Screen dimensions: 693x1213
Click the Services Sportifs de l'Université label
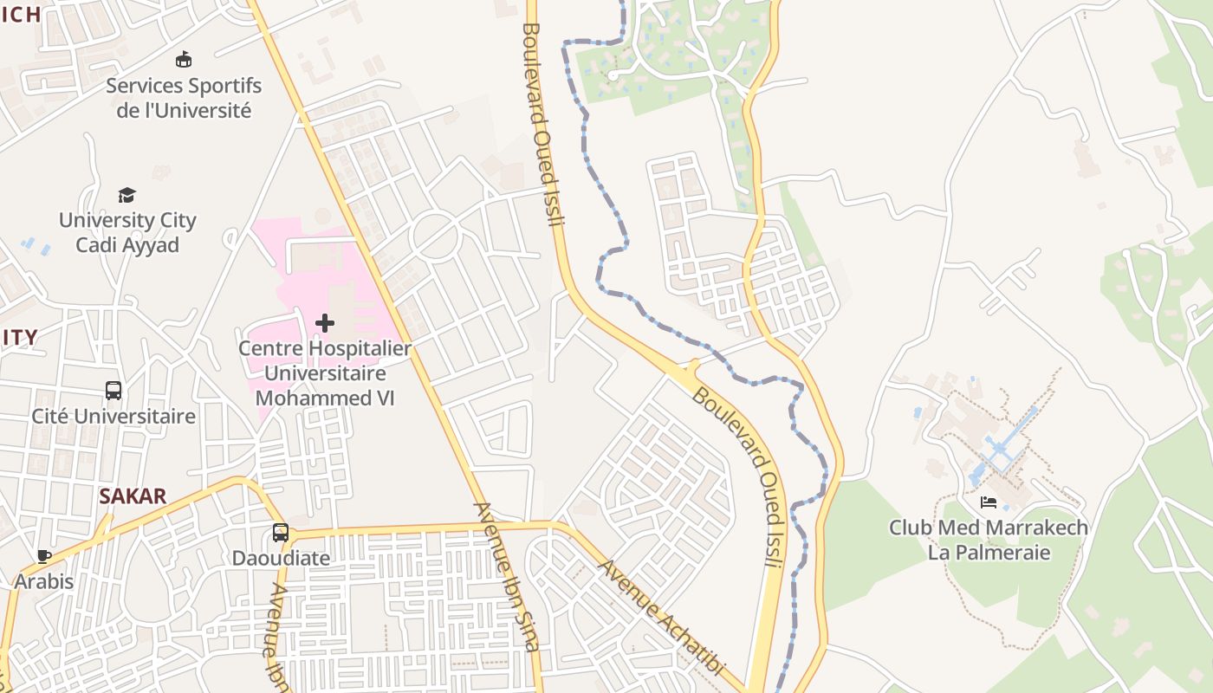[x=184, y=98]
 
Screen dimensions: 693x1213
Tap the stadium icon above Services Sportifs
[x=184, y=60]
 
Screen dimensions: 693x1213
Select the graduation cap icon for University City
[x=127, y=195]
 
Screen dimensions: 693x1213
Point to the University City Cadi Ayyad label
[x=127, y=232]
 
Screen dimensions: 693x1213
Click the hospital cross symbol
[x=325, y=323]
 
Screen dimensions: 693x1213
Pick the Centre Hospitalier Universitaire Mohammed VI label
[x=325, y=373]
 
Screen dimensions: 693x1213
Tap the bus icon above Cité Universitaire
[x=114, y=391]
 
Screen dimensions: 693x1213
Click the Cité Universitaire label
[x=114, y=417]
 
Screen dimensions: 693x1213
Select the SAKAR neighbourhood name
[x=133, y=496]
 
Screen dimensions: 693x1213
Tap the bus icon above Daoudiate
[x=281, y=533]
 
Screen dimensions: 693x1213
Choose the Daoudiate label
[x=281, y=558]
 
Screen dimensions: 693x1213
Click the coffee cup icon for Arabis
[x=44, y=556]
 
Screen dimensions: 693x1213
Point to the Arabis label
[x=44, y=581]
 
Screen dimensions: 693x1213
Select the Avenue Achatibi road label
[x=661, y=618]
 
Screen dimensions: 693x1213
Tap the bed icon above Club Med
[x=989, y=502]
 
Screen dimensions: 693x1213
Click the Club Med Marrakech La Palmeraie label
[x=989, y=540]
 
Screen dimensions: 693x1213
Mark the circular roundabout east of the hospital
[x=434, y=235]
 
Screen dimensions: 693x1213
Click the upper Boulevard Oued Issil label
[x=543, y=124]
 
